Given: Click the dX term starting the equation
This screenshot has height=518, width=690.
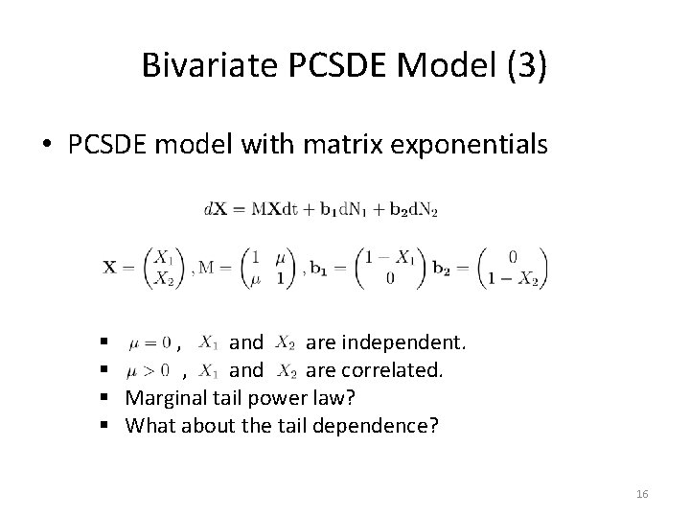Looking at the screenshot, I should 214,209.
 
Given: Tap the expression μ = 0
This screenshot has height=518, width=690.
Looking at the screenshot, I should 149,342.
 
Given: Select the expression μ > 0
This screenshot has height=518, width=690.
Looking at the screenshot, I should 149,369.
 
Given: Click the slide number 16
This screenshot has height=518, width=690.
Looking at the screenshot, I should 642,493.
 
